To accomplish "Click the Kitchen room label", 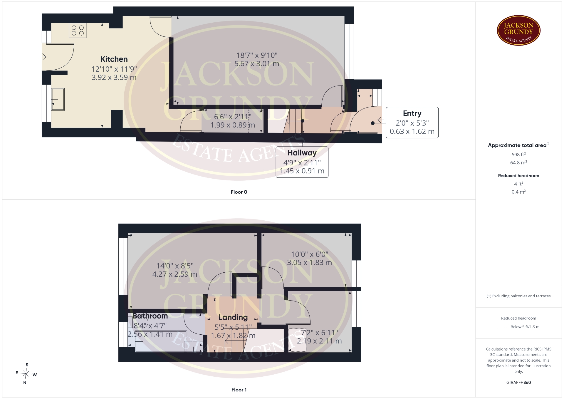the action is coord(114,59).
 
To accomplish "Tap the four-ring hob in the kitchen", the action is coord(78,31).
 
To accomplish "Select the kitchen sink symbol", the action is coord(58,99).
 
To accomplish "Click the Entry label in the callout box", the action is coord(412,113).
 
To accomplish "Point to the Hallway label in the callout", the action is coord(302,153).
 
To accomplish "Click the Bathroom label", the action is coord(150,316).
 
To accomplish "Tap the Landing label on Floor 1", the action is coord(233,317).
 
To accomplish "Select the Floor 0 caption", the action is coord(239,192).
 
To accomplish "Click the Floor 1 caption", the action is coord(239,390).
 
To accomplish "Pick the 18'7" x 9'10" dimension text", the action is coord(257,55).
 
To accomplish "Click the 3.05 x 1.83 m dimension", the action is coord(309,262).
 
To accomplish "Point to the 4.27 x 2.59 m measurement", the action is coord(174,274).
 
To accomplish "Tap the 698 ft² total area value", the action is coord(518,155).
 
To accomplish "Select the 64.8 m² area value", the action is coord(518,162).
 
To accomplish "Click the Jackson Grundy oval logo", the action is coord(518,31).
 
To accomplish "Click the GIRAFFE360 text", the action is coord(518,382).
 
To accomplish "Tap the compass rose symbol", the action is coord(26,374).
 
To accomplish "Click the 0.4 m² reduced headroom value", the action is coord(518,192).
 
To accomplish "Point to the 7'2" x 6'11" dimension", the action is coord(319,333).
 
